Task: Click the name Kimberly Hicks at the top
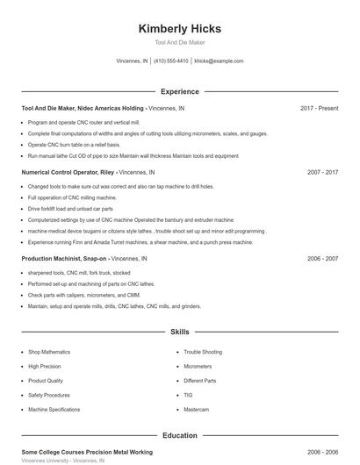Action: coord(179,29)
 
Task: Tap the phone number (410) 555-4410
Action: coord(171,61)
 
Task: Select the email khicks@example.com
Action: coord(219,61)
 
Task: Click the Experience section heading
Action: coord(179,91)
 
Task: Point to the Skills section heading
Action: coord(179,333)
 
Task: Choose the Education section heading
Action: coord(179,435)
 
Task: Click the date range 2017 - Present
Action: coord(319,108)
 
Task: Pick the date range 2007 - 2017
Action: coord(322,173)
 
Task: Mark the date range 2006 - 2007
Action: coord(322,259)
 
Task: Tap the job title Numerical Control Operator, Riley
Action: coord(68,173)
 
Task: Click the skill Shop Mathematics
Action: coord(49,352)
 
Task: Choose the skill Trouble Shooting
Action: coord(203,352)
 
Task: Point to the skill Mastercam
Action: coord(196,410)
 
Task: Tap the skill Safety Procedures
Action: coord(50,395)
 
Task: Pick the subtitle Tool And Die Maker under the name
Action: coord(179,42)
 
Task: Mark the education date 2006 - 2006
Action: coord(322,451)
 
